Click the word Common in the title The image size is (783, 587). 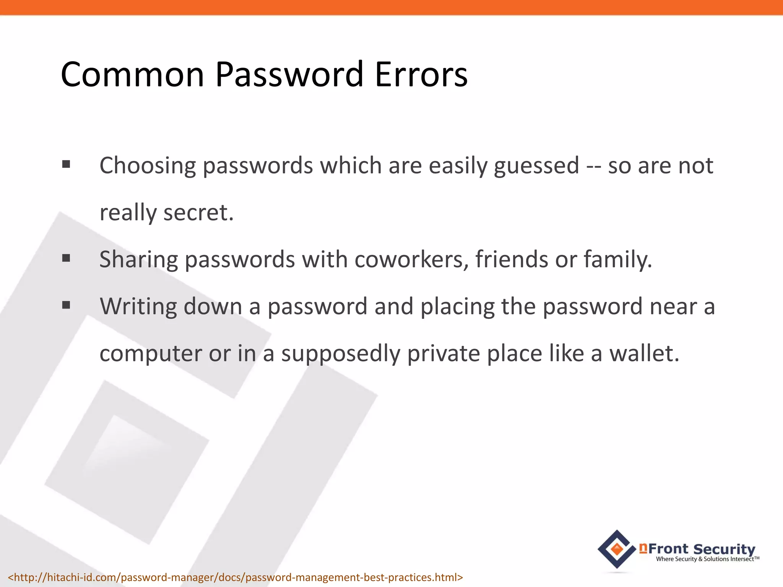click(x=132, y=74)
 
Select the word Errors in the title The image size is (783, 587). click(x=421, y=74)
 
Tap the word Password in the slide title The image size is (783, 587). click(x=289, y=74)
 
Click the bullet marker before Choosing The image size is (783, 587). click(x=66, y=164)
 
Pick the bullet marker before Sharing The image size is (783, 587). click(x=66, y=258)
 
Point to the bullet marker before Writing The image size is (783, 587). click(x=66, y=305)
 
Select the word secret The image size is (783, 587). click(x=198, y=212)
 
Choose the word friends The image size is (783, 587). click(x=512, y=259)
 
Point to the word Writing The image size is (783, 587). click(x=138, y=307)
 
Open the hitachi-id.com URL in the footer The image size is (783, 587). click(x=235, y=577)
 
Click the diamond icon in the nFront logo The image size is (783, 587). click(x=617, y=550)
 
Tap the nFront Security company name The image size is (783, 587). click(x=698, y=549)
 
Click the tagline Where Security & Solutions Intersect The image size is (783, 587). click(x=707, y=559)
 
